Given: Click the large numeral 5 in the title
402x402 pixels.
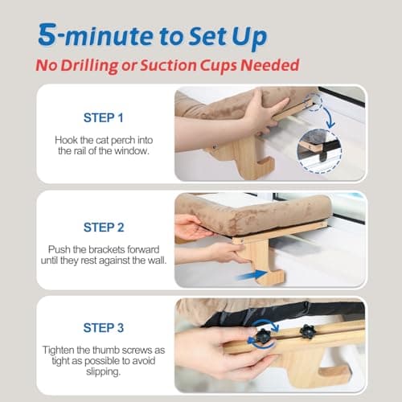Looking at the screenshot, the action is coord(47,35).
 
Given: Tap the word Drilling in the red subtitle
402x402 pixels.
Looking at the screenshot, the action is coord(89,65).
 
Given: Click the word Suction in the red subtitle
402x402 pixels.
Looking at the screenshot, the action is coord(169,65).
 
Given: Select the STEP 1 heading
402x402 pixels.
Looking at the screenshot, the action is coord(104,117).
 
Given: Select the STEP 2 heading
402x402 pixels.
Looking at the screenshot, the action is coord(104,228).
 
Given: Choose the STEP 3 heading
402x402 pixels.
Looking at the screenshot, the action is coord(104,328).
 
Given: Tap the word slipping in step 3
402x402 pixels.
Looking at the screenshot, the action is coord(104,372).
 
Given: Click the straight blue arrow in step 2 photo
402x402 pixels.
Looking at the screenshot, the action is coord(252,275).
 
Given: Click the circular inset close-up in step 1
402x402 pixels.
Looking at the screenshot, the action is coord(319,151).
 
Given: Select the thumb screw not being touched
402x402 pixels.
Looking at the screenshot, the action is coord(307,331).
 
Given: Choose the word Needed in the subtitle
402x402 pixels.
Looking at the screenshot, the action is coord(270,65).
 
